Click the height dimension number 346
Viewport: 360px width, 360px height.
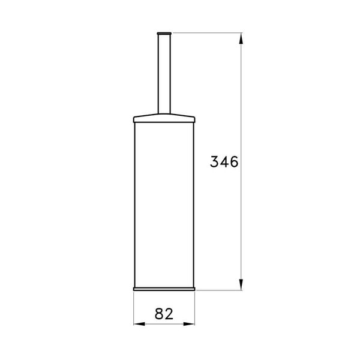click(224, 162)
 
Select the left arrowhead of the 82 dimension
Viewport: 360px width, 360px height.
click(136, 325)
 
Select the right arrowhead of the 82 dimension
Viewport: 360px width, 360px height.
click(193, 325)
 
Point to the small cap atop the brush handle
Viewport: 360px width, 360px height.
click(164, 29)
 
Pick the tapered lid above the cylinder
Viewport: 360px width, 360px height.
click(164, 115)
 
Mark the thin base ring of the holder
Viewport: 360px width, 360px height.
click(164, 287)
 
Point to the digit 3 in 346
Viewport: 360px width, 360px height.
click(215, 162)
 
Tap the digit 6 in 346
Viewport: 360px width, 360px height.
click(234, 162)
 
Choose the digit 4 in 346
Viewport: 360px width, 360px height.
click(224, 162)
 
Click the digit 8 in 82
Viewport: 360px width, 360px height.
click(159, 314)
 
